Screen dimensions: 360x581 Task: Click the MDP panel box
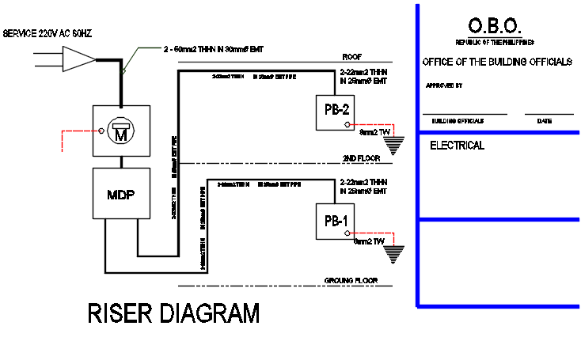coord(121,195)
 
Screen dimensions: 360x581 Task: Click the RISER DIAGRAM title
coord(173,314)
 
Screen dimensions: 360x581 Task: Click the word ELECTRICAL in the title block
coord(457,146)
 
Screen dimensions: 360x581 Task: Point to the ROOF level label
coord(351,57)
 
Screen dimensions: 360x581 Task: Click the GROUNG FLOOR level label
coord(349,281)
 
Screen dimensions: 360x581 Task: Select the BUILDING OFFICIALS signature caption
coord(458,121)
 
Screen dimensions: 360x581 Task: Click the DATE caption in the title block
coord(544,121)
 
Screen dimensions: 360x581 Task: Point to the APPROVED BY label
coord(444,85)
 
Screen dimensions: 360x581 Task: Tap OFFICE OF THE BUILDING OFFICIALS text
coord(496,62)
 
